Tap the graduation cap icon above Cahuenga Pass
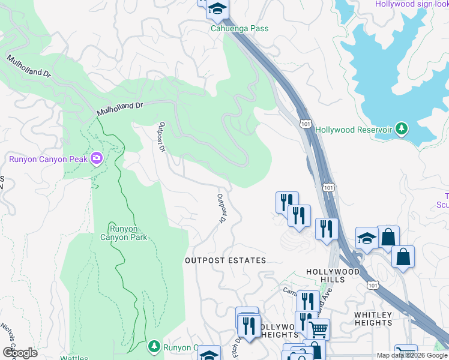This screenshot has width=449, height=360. point(217,8)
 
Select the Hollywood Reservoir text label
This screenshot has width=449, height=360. point(354,130)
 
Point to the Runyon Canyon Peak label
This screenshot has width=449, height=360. point(46,159)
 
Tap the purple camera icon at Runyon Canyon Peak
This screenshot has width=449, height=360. point(95,158)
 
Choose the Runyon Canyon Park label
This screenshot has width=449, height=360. point(128,233)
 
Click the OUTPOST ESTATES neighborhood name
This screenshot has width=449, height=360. point(225,260)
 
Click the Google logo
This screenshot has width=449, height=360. point(20,352)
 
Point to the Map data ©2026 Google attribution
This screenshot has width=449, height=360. point(412,355)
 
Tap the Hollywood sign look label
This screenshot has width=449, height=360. point(412,4)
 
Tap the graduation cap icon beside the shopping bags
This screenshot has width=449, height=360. point(366,238)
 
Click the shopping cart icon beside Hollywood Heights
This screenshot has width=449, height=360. point(318,329)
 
